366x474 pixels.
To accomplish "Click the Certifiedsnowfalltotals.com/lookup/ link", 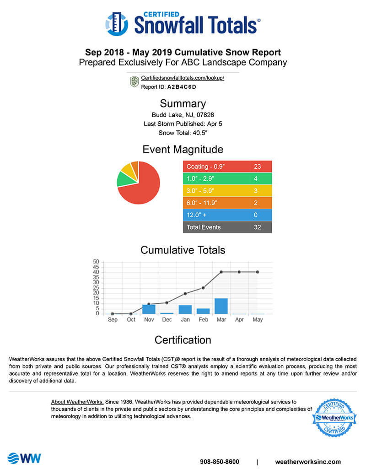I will pos(183,78).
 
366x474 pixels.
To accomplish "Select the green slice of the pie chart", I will pos(124,179).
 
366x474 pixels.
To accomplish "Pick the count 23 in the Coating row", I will pos(257,167).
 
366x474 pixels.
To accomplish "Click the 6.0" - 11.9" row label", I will pos(201,203).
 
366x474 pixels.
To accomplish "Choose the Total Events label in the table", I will pos(204,227).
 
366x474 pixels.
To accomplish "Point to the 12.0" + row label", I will pos(198,215).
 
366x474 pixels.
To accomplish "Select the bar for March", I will pos(221,306).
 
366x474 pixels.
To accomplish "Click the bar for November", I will pos(149,309).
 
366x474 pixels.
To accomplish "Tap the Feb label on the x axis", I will pos(203,320).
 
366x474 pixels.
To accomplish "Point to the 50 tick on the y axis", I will pos(96,262).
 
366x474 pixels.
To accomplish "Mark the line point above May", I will pos(258,272).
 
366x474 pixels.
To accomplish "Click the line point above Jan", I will pos(185,294).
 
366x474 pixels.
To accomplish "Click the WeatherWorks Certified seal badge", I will pos(334,417).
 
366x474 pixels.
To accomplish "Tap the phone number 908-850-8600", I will pos(220,462).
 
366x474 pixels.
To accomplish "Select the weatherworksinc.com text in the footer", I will pos(308,462).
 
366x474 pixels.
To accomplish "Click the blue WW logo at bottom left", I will pos(24,458).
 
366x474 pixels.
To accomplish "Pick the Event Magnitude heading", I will pos(183,149).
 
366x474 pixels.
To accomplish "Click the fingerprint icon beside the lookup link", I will pos(134,82).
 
